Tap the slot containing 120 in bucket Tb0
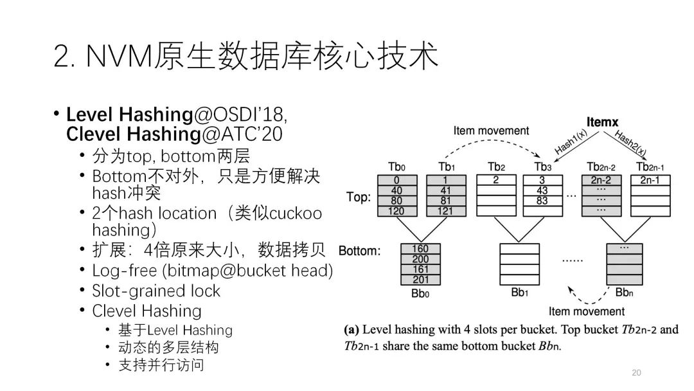pyautogui.click(x=397, y=211)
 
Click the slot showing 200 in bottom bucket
pyautogui.click(x=420, y=259)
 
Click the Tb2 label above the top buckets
pyautogui.click(x=495, y=167)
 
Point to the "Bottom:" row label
pyautogui.click(x=360, y=250)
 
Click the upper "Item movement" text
pyautogui.click(x=491, y=131)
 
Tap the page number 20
pyautogui.click(x=637, y=373)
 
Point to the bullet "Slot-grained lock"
pyautogui.click(x=156, y=291)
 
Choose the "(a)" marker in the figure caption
pyautogui.click(x=351, y=330)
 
